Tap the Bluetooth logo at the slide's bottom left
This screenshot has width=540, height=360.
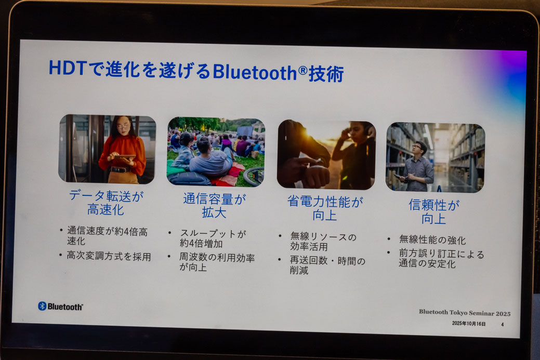point(60,306)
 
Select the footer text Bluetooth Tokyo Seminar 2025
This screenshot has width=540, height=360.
point(465,313)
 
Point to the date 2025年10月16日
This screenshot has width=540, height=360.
point(469,324)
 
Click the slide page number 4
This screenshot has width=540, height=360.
point(502,324)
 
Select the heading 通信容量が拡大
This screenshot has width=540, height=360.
point(215,205)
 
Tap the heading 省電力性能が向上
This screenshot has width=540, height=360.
point(325,208)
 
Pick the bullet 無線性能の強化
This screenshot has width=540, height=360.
point(432,240)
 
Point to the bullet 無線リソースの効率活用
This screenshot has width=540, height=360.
point(323,242)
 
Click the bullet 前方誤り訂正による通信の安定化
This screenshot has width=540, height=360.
point(441,258)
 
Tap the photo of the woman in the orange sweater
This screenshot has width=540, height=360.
point(107,149)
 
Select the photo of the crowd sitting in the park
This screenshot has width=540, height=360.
point(216,151)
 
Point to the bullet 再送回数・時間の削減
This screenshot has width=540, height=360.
point(327,265)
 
